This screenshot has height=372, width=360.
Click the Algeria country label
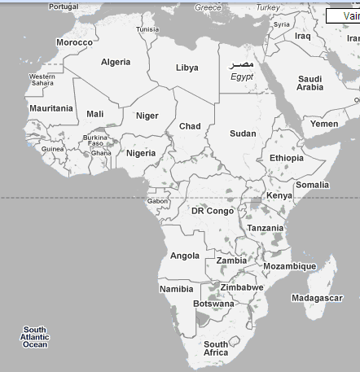click(x=115, y=62)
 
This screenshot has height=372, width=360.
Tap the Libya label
click(x=187, y=68)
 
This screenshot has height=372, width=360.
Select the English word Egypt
click(x=242, y=77)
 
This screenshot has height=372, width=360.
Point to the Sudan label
click(x=243, y=133)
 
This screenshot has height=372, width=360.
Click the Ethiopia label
click(x=286, y=158)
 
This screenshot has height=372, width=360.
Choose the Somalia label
click(x=312, y=185)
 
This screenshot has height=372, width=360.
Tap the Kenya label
click(x=279, y=195)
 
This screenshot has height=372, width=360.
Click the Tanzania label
click(x=266, y=229)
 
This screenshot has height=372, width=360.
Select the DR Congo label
click(x=213, y=211)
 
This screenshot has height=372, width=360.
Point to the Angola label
click(x=185, y=256)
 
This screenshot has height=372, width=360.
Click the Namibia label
click(x=177, y=289)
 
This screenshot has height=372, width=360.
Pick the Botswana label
click(x=213, y=304)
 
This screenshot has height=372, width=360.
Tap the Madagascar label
click(x=317, y=298)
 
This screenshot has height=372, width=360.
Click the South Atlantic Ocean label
click(x=35, y=337)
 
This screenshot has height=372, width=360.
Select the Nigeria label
click(x=141, y=153)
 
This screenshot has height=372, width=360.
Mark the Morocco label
click(x=74, y=42)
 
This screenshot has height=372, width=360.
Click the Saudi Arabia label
click(x=310, y=83)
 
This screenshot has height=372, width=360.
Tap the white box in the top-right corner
click(x=342, y=15)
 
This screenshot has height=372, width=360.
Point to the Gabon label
click(x=158, y=200)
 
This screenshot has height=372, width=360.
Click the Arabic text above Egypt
click(x=242, y=64)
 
